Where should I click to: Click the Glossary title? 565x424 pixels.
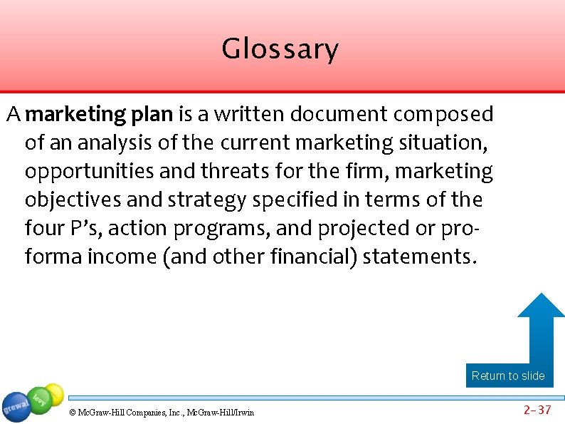[x=280, y=49]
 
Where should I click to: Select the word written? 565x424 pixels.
[x=242, y=114]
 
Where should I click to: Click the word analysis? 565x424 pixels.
[x=111, y=143]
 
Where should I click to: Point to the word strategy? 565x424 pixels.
[x=206, y=200]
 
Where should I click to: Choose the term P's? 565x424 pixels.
[x=88, y=228]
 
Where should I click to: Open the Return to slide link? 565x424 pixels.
[x=508, y=376]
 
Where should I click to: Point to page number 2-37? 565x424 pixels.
[x=537, y=409]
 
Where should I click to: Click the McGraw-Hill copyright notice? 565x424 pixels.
[x=162, y=412]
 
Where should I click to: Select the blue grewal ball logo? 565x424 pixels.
[x=16, y=407]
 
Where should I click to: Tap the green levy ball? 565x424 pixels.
[x=40, y=399]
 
